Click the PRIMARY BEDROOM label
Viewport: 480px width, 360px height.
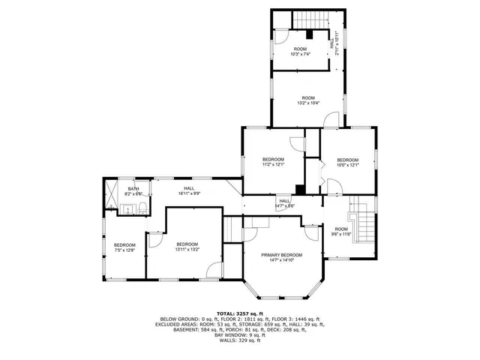coord(282,255)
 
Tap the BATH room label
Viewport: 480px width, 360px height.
coord(133,188)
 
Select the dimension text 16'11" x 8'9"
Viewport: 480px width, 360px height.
coord(189,193)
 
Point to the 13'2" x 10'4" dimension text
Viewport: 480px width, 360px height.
coord(308,103)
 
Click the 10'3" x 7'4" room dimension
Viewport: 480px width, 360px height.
coord(299,54)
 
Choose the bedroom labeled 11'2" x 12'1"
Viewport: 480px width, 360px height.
coord(273,164)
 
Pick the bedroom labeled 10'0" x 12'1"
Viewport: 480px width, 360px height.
coord(347,164)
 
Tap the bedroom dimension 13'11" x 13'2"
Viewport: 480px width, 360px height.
coord(187,249)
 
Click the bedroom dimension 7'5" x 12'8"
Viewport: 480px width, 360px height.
coord(124,250)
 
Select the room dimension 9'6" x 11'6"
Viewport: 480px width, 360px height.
coord(342,234)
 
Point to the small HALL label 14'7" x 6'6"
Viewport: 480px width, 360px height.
coord(285,205)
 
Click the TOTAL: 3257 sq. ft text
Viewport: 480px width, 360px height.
coord(240,313)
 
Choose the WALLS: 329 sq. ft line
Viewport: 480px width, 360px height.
coord(240,341)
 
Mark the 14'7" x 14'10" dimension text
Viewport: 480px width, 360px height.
coord(282,260)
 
